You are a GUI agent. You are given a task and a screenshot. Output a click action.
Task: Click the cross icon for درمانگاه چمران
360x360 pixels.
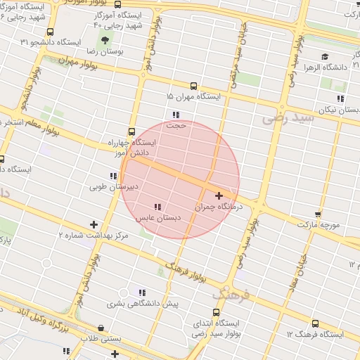(219, 195)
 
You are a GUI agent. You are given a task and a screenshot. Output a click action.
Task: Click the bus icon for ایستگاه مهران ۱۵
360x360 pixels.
(194, 86)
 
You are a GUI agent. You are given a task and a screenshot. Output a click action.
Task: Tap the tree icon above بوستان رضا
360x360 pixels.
(105, 40)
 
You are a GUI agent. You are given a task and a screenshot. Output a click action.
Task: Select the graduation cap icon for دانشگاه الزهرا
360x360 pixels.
(325, 57)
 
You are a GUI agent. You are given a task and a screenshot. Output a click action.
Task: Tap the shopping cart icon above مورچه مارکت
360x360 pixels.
(318, 214)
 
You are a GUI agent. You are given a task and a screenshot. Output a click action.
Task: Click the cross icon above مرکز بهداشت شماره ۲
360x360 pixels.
(94, 224)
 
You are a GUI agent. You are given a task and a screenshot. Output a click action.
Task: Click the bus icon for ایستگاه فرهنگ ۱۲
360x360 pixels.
(314, 324)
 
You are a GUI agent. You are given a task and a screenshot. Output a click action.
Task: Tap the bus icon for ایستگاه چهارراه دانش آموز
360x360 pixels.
(131, 131)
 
